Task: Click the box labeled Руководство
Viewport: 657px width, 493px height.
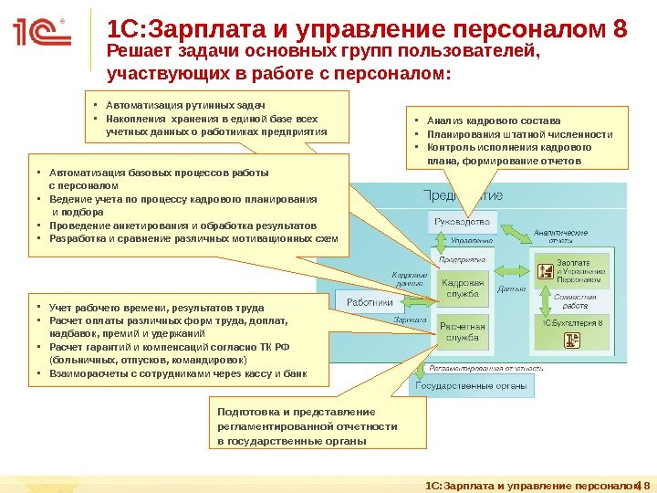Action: click(461, 221)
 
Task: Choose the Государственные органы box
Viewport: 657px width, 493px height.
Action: click(472, 386)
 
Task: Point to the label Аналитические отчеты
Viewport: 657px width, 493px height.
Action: click(560, 236)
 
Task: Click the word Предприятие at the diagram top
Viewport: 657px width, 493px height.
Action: click(464, 196)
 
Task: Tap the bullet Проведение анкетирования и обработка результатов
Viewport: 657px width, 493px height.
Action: click(182, 225)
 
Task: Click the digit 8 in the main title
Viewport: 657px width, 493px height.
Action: click(620, 29)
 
